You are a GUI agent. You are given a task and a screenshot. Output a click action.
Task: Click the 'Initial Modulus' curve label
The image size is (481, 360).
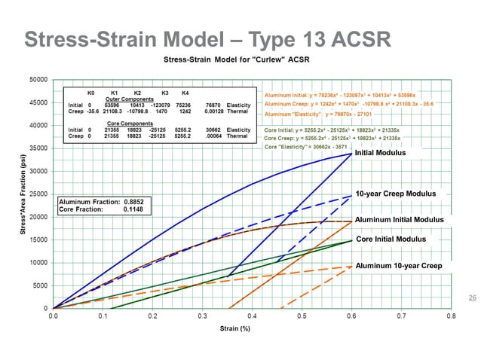tap(380, 153)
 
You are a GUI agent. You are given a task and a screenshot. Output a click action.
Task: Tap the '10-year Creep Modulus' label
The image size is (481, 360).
tap(395, 194)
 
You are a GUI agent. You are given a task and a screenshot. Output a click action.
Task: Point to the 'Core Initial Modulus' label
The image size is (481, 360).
tap(391, 239)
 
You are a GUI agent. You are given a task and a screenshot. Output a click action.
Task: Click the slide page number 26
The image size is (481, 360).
tap(472, 298)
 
